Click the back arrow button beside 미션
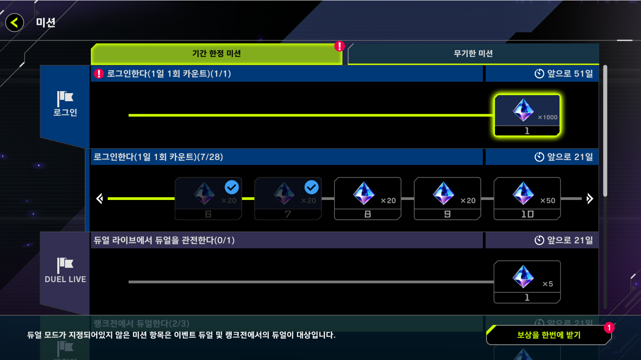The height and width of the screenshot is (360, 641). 15,23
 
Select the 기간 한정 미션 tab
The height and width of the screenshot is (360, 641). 216,54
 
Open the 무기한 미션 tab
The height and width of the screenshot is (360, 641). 473,54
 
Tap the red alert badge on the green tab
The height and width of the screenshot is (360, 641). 340,46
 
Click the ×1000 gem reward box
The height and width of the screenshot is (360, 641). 527,115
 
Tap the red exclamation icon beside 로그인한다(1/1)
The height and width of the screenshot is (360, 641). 99,74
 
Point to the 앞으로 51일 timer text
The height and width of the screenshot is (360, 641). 564,74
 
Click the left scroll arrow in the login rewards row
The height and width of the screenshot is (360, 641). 100,198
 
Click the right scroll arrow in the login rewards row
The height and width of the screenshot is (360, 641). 590,198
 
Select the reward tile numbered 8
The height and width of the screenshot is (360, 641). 367,198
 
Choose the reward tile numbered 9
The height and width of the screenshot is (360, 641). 447,198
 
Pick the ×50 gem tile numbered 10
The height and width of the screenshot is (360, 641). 527,198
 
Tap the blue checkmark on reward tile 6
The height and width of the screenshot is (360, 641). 232,187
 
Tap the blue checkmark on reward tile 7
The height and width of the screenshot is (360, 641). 311,187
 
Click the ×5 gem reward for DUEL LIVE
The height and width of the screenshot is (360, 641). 527,282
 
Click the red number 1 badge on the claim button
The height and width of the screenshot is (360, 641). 609,328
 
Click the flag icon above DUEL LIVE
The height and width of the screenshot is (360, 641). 65,265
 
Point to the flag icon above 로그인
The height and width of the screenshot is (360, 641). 65,98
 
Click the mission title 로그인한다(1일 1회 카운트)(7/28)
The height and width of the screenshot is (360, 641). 158,157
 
